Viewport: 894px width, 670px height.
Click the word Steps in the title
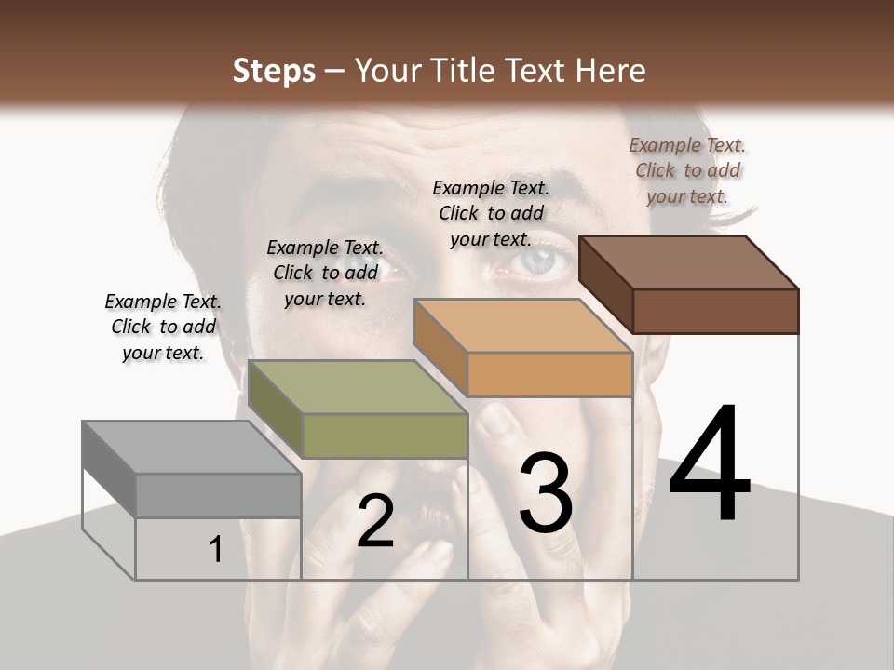[x=274, y=71]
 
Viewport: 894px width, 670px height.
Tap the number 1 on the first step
[x=215, y=550]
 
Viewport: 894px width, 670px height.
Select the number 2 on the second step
[x=375, y=522]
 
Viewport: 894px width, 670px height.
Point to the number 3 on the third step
[x=545, y=493]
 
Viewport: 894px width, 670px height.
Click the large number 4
[x=710, y=464]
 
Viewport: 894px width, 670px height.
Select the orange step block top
[x=522, y=326]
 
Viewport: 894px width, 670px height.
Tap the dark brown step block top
[x=689, y=262]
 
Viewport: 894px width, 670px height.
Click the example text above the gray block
[x=163, y=327]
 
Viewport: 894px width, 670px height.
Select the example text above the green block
[x=325, y=273]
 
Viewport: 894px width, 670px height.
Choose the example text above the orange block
[x=491, y=213]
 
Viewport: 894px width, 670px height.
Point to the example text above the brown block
[x=688, y=170]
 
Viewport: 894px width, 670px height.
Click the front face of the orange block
[x=549, y=375]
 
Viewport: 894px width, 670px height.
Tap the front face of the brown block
[x=715, y=311]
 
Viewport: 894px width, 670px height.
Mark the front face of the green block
[x=384, y=435]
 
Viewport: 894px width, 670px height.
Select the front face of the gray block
[x=218, y=495]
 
